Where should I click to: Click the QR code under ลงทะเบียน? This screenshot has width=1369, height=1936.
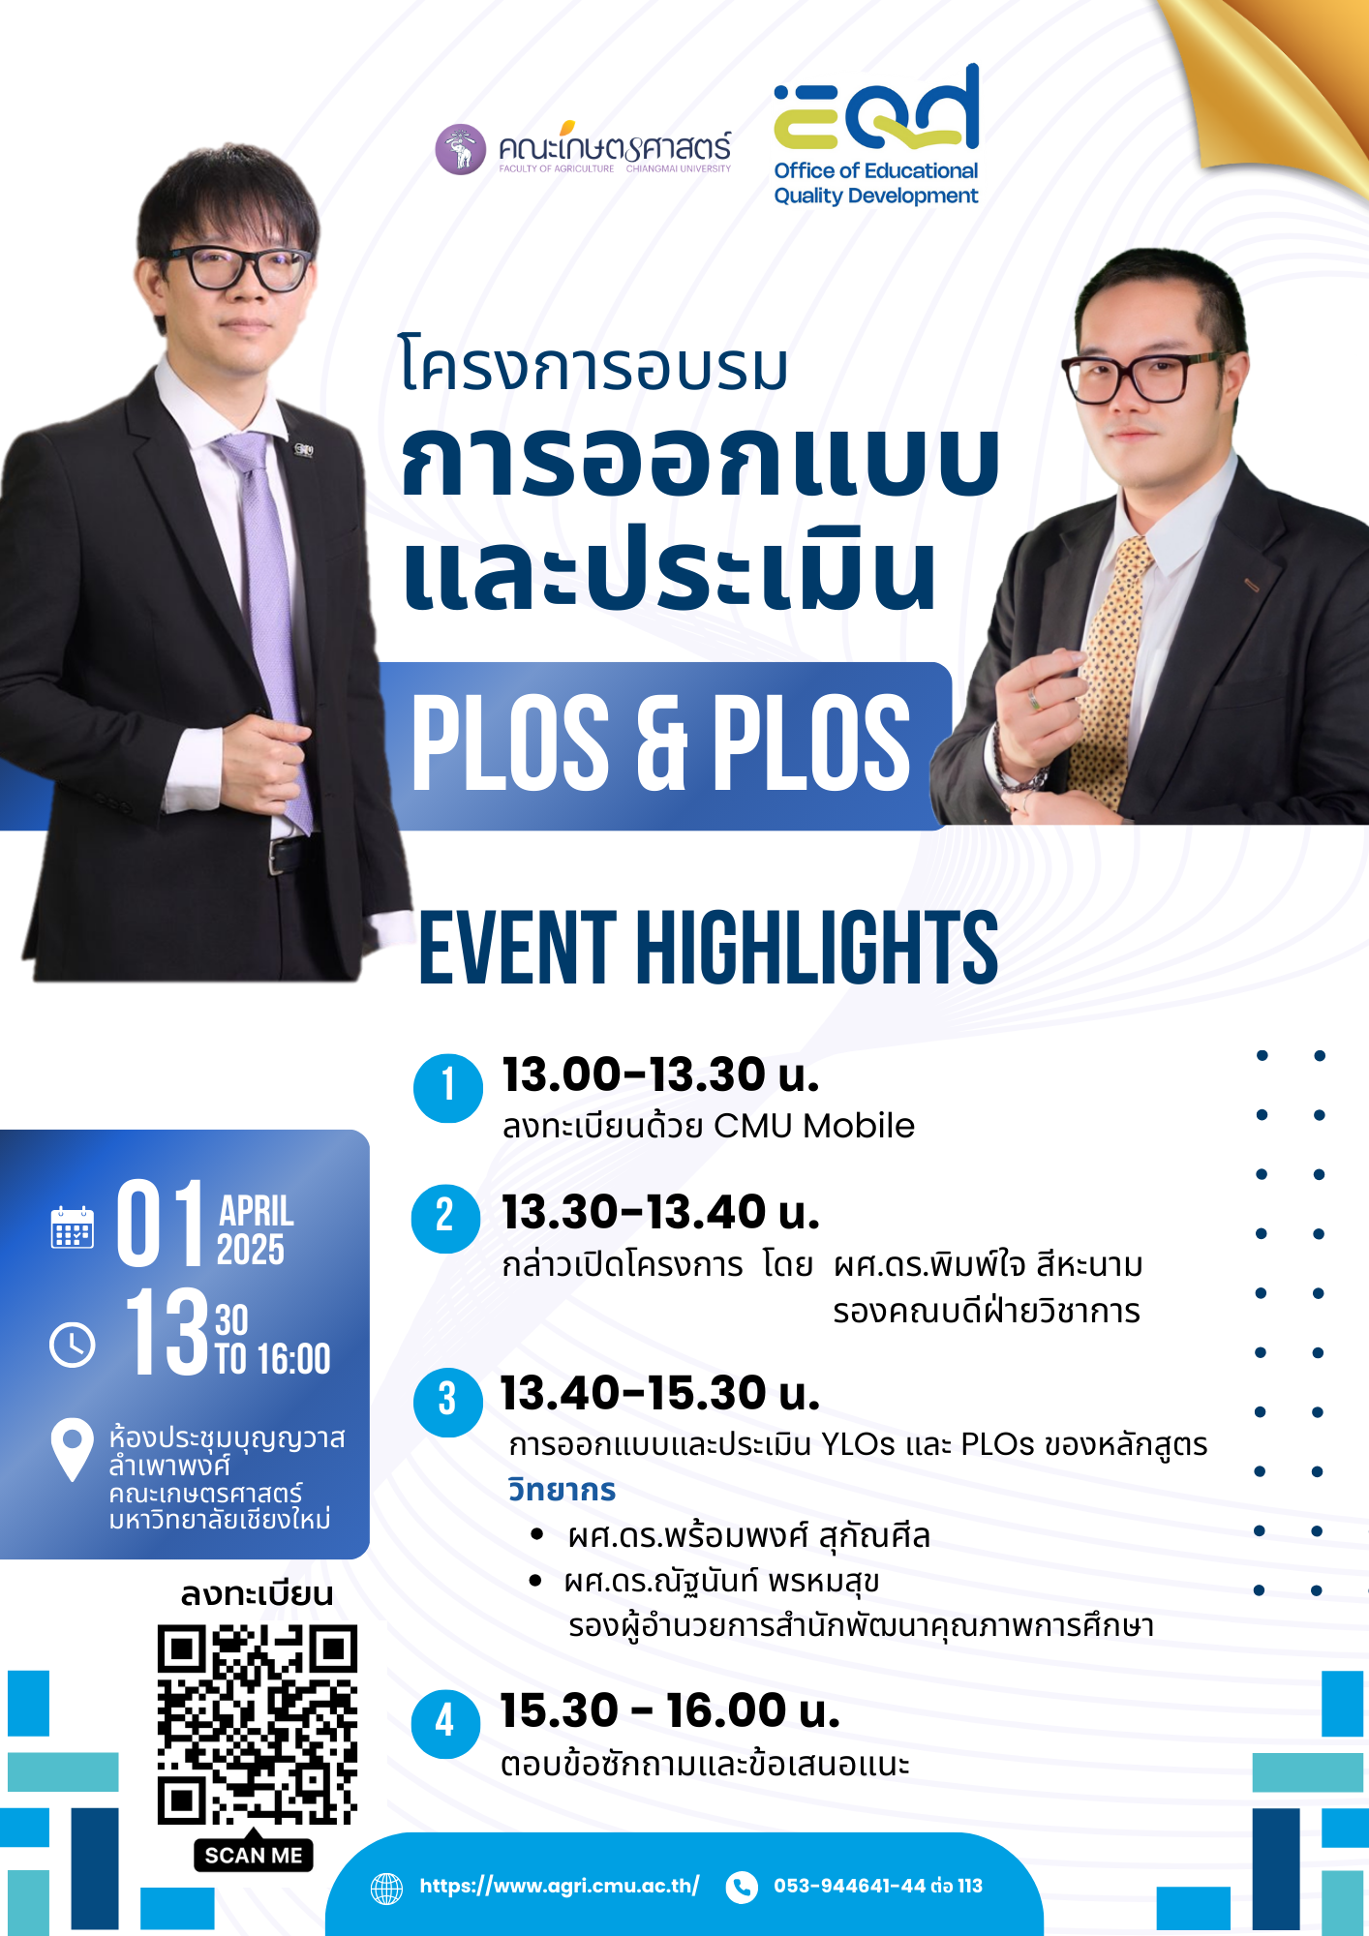click(258, 1725)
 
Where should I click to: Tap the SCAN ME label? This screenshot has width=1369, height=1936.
click(254, 1855)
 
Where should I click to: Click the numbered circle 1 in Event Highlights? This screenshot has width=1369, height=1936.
click(448, 1088)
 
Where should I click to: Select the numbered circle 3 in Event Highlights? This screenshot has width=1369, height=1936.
click(447, 1403)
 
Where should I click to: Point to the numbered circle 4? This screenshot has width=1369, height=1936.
click(445, 1723)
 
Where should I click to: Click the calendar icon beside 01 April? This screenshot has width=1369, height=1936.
click(73, 1227)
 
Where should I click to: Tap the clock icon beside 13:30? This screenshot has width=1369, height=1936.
click(73, 1345)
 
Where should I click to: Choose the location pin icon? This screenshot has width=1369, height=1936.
click(72, 1449)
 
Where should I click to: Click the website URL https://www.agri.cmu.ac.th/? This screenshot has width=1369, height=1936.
click(559, 1886)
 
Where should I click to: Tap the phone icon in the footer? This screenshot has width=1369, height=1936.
click(742, 1887)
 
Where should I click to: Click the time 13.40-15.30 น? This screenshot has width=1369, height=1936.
click(660, 1393)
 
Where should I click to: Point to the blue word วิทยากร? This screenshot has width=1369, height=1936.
click(563, 1490)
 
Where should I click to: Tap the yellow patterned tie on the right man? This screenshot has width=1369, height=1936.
click(1113, 668)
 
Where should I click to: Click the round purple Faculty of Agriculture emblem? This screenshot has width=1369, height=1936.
click(461, 149)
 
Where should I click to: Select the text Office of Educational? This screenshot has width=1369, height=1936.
click(876, 170)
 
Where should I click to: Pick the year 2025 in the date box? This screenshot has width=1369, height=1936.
click(251, 1250)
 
